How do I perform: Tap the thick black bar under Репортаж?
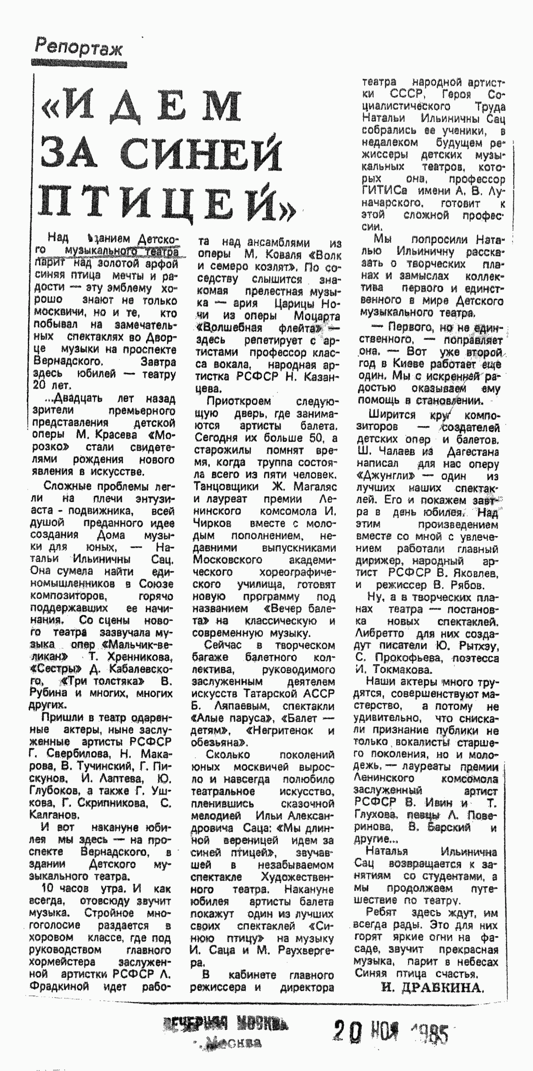79,63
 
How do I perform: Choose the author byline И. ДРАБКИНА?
432,988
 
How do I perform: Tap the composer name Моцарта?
317,316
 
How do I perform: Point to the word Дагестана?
473,451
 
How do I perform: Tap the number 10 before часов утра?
47,889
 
